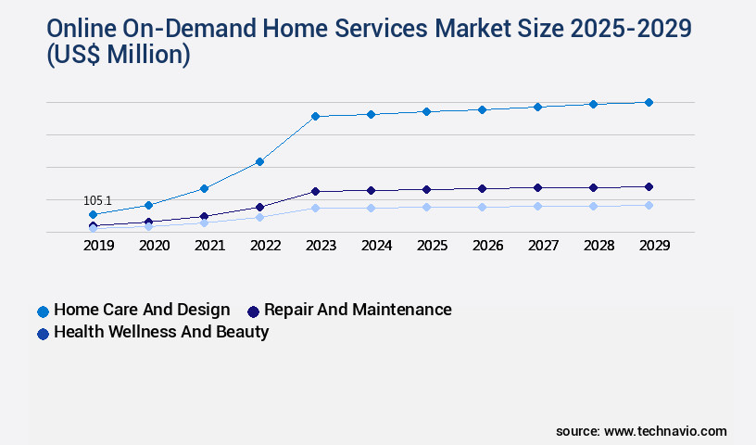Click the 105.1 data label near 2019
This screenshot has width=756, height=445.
click(97, 200)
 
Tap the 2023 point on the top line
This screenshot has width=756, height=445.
click(315, 116)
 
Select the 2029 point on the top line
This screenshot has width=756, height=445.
click(649, 102)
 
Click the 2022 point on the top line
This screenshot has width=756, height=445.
click(259, 162)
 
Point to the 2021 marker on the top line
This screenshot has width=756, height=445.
click(204, 188)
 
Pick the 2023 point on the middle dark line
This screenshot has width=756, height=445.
click(315, 191)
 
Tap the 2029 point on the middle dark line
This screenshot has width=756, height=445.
click(649, 186)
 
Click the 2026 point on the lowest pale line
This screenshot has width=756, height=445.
click(482, 207)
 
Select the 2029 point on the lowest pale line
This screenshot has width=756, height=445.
click(649, 205)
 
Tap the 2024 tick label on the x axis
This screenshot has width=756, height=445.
click(376, 246)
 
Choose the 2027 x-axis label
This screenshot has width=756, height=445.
click(543, 246)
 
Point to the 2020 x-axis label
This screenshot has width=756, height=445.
click(154, 246)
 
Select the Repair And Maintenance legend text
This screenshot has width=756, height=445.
click(358, 310)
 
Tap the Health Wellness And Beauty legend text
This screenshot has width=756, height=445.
click(161, 332)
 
